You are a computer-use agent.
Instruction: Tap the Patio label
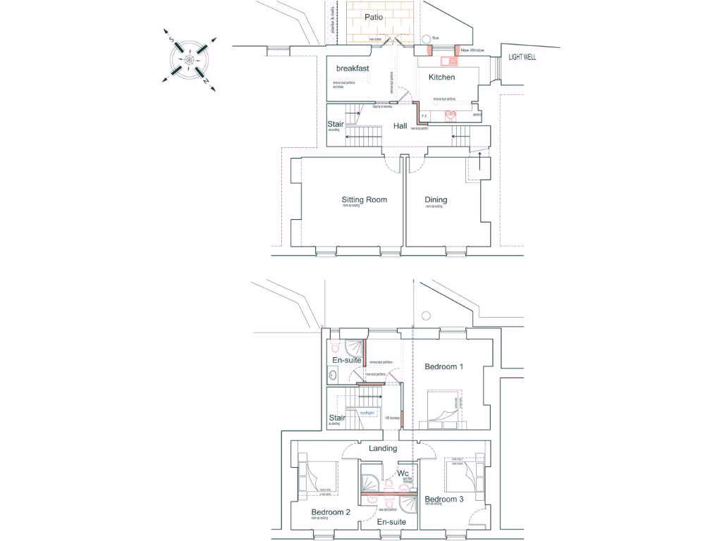pyautogui.click(x=374, y=16)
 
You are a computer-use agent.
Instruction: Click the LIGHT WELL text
pyautogui.click(x=522, y=57)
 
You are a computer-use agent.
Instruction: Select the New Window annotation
pyautogui.click(x=473, y=51)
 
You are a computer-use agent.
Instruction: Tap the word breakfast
pyautogui.click(x=353, y=68)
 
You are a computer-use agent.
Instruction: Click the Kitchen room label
pyautogui.click(x=441, y=77)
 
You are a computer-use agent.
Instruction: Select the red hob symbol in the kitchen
pyautogui.click(x=451, y=114)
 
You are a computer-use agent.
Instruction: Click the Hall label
pyautogui.click(x=400, y=126)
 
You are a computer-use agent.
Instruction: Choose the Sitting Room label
pyautogui.click(x=364, y=199)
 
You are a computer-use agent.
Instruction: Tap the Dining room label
pyautogui.click(x=436, y=200)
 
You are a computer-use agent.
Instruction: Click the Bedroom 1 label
pyautogui.click(x=443, y=366)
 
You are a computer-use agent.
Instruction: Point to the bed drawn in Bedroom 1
pyautogui.click(x=441, y=409)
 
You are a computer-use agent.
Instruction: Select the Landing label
pyautogui.click(x=383, y=448)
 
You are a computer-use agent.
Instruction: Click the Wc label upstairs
pyautogui.click(x=403, y=473)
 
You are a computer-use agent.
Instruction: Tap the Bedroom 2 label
pyautogui.click(x=331, y=512)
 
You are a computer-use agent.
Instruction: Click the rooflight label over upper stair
pyautogui.click(x=367, y=413)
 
